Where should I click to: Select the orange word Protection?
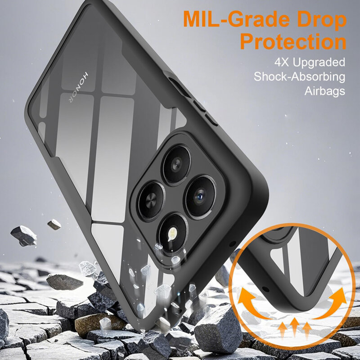tap(293, 42)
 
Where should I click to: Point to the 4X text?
tap(282, 62)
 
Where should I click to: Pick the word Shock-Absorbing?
tap(299, 77)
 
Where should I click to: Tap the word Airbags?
tap(324, 91)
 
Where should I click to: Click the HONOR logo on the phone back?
tap(78, 87)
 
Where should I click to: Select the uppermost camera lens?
tap(176, 164)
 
